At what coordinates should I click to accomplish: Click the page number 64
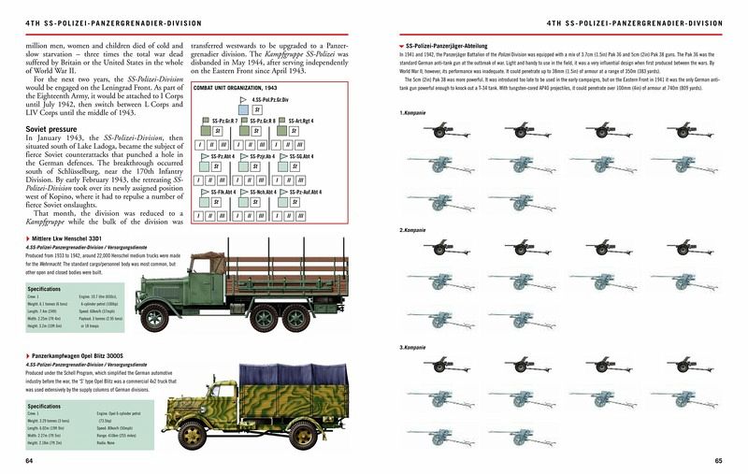[30, 460]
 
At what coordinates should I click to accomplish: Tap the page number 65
[718, 460]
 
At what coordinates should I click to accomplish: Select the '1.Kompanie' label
[413, 113]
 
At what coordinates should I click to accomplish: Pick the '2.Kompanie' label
[413, 230]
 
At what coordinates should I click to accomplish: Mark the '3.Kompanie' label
[413, 348]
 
